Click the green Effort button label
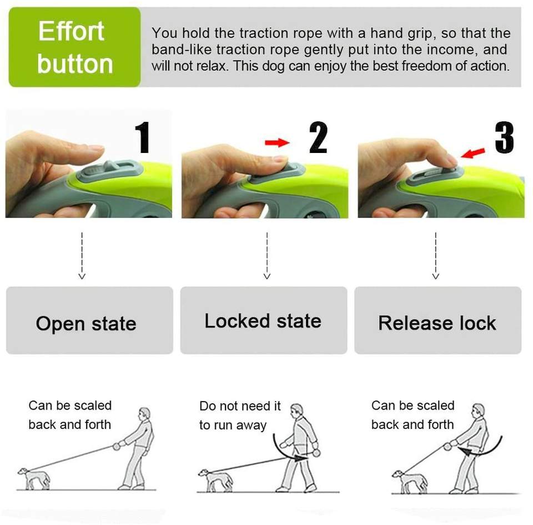click(x=74, y=47)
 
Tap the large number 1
click(x=143, y=137)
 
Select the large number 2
click(x=318, y=137)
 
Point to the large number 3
click(x=504, y=137)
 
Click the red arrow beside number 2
click(x=277, y=142)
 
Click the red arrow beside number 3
click(x=473, y=153)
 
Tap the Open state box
click(x=89, y=320)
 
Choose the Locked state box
click(x=263, y=320)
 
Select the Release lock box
click(x=438, y=320)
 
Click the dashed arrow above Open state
click(x=82, y=256)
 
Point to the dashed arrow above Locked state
click(x=267, y=256)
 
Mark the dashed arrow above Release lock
click(x=436, y=256)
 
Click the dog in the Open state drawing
click(x=34, y=478)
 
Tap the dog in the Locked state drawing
click(x=215, y=480)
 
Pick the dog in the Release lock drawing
click(x=410, y=482)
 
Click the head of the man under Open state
click(x=144, y=413)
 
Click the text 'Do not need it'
click(x=240, y=406)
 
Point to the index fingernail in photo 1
click(x=95, y=148)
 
